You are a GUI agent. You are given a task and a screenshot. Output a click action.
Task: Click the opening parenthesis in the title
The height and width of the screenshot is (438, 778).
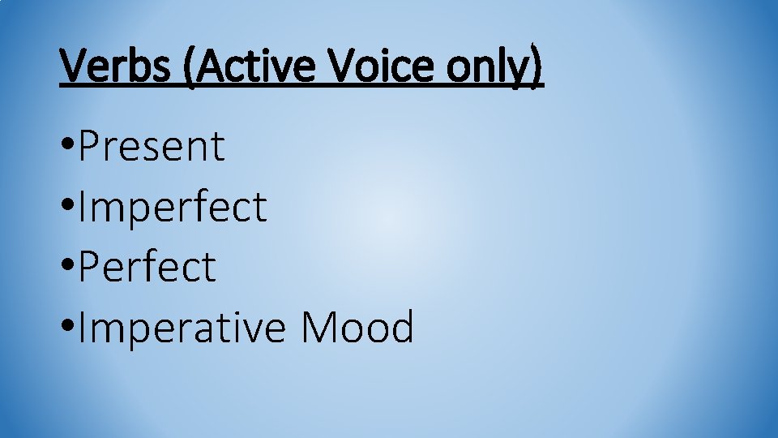(x=189, y=67)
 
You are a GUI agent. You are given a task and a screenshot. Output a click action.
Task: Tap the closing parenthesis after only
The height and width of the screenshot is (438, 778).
(x=535, y=67)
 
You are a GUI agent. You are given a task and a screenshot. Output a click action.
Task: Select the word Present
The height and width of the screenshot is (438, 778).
(x=152, y=147)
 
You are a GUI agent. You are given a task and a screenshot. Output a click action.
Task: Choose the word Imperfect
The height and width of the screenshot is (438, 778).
(x=172, y=207)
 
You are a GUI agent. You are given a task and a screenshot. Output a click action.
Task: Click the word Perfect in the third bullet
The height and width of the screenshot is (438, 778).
(x=147, y=267)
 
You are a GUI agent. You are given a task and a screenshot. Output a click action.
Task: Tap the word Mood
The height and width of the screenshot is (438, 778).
(x=357, y=328)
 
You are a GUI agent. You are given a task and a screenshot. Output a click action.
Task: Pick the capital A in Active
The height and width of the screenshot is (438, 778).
(x=207, y=66)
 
